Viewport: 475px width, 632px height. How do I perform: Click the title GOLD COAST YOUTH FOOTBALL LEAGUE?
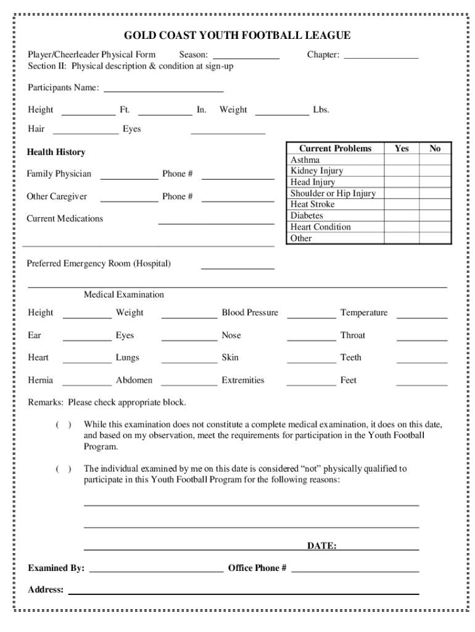(238, 36)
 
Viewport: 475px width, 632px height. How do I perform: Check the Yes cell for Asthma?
(402, 160)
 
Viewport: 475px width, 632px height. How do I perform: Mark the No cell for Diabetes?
(435, 216)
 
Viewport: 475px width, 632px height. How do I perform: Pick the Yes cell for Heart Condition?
(402, 227)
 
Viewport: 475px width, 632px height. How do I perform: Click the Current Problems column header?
(335, 148)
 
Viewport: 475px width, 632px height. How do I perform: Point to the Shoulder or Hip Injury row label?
(333, 193)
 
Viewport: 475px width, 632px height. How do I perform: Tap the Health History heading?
(56, 152)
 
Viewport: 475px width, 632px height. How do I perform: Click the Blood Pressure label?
(250, 313)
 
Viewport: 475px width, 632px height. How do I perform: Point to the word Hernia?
(40, 380)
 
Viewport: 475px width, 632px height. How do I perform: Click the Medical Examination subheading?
(124, 295)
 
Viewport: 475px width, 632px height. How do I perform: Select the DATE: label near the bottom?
(321, 546)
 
